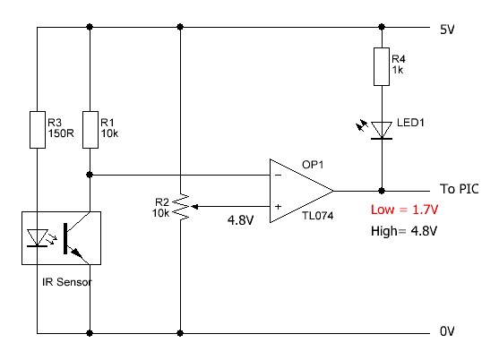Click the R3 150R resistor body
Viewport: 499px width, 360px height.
tap(38, 130)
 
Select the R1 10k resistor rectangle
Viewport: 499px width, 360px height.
tap(90, 130)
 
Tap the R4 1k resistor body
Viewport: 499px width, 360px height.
tap(382, 67)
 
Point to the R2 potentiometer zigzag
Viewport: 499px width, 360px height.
tap(181, 207)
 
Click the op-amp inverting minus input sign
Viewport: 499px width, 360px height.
tap(278, 175)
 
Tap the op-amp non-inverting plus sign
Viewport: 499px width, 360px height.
tap(278, 207)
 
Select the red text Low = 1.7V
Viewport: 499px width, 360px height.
tap(404, 210)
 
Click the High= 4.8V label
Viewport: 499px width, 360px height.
tap(404, 231)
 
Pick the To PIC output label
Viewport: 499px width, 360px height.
tap(460, 189)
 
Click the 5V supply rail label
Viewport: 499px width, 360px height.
tap(447, 30)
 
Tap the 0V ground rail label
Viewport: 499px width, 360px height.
tap(447, 331)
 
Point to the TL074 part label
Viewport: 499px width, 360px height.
tap(318, 216)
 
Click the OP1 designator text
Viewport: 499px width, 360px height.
tap(313, 165)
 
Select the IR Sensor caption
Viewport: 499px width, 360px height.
tap(67, 282)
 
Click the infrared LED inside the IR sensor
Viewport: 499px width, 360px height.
tap(38, 238)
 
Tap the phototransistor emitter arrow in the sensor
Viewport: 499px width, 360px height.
tap(77, 253)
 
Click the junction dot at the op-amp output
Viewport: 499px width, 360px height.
tap(382, 191)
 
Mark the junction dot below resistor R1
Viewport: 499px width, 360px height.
tap(90, 175)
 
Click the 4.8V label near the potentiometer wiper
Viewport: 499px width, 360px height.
tap(241, 220)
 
